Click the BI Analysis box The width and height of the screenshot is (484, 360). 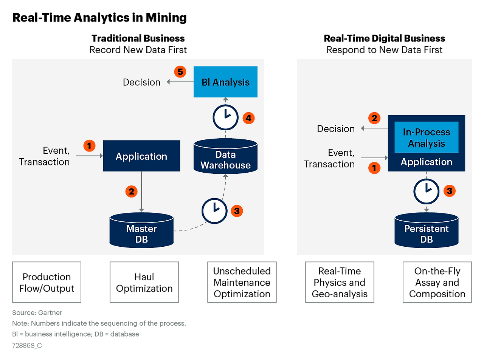pos(225,82)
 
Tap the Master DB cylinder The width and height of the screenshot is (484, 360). pos(141,231)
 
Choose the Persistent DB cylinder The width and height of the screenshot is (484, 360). pos(426,231)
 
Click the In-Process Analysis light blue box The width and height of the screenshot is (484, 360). pos(426,137)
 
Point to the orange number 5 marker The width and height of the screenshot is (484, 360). pos(180,72)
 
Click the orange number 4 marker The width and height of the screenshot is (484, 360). pos(248,118)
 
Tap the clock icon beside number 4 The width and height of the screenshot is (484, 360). pos(225,117)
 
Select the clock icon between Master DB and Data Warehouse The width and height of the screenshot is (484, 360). pos(214,211)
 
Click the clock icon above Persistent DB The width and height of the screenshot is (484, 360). pos(426,191)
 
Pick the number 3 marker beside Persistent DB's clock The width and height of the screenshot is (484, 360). pos(450,191)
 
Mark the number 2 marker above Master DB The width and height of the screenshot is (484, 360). pos(131,192)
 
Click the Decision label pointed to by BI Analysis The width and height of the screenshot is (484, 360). pos(141,82)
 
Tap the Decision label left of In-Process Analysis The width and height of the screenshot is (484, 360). pos(336,129)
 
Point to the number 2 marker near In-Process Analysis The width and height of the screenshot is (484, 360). pos(374,118)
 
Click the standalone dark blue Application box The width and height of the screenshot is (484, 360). pos(141,156)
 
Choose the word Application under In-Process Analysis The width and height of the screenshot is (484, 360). pos(426,162)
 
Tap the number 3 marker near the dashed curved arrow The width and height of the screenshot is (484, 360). pos(237,211)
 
